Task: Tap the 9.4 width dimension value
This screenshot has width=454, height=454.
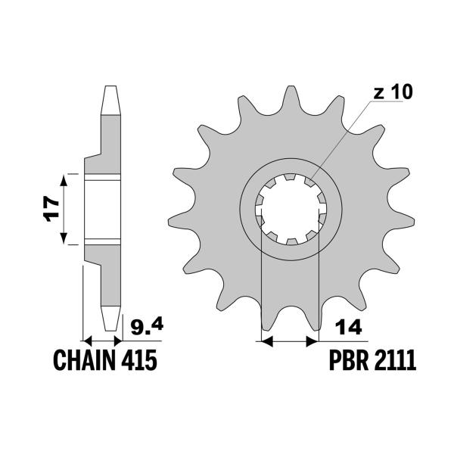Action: tap(145, 327)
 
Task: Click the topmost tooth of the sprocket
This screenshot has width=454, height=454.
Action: tap(290, 97)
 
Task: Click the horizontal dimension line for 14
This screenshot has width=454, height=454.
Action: tap(288, 342)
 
